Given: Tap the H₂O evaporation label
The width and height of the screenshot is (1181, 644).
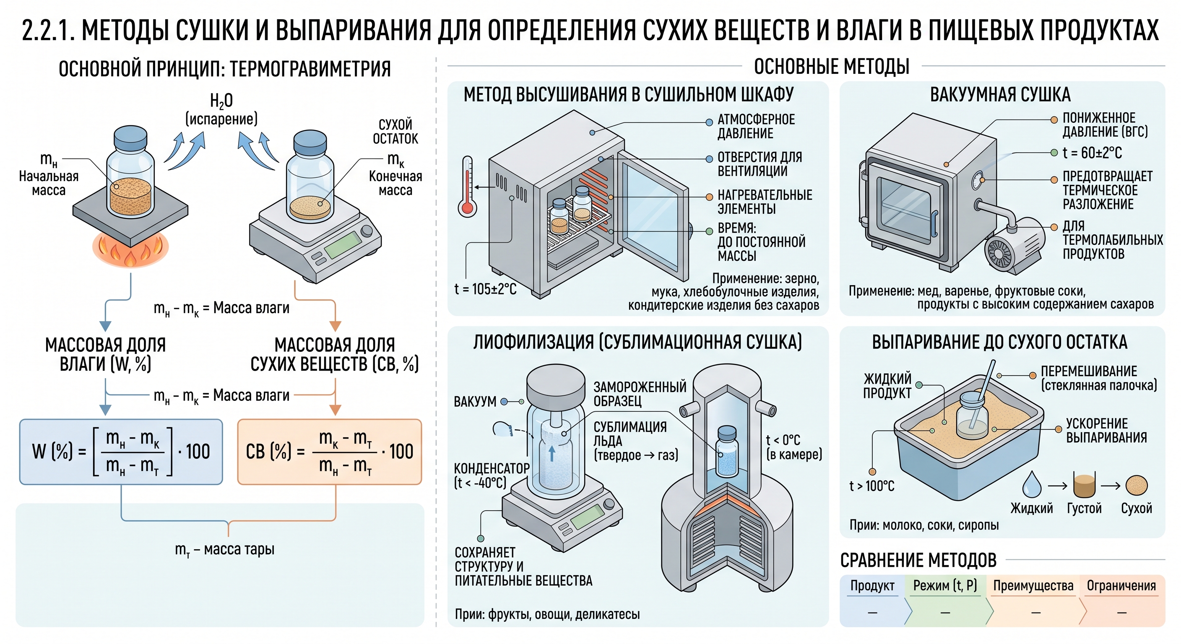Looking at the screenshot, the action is click(221, 109).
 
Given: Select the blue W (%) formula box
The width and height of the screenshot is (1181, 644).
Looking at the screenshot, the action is click(121, 452).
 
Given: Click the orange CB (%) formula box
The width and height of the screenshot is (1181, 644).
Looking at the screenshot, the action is click(330, 452).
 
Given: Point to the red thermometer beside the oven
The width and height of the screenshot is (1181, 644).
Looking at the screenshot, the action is click(467, 186).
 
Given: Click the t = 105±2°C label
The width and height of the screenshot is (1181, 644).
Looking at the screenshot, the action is click(486, 289).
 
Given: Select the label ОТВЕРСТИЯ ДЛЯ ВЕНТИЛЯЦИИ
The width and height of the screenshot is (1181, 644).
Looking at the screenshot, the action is click(760, 164).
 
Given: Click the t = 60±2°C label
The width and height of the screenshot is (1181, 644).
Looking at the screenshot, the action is click(1093, 153).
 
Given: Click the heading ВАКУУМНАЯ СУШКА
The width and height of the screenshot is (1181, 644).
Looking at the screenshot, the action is click(1000, 95).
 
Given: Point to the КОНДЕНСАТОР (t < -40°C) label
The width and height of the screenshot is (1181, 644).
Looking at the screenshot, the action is click(491, 475).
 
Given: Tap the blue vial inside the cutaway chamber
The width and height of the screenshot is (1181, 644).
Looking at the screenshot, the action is click(727, 451).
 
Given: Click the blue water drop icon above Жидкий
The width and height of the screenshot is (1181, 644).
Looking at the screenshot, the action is click(1032, 485).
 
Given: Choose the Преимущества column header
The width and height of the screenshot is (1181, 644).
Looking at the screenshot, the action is click(1033, 586).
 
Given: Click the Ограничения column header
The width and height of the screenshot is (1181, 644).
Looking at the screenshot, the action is click(1121, 586).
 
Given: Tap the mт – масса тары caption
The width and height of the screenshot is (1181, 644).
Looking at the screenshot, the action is click(225, 549).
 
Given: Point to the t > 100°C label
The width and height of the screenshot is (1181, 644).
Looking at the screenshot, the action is click(871, 486).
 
